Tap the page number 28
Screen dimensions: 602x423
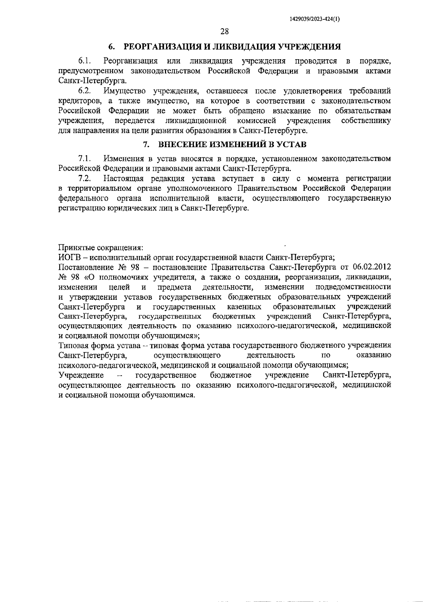pos(225,32)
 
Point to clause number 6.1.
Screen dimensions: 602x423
pos(85,61)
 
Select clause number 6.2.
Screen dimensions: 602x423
pos(85,91)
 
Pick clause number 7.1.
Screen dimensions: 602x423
pos(85,159)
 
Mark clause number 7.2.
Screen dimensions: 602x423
pos(85,178)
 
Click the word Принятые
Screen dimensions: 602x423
pos(74,247)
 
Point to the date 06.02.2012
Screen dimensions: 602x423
pos(372,266)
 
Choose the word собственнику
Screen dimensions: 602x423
pos(366,121)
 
